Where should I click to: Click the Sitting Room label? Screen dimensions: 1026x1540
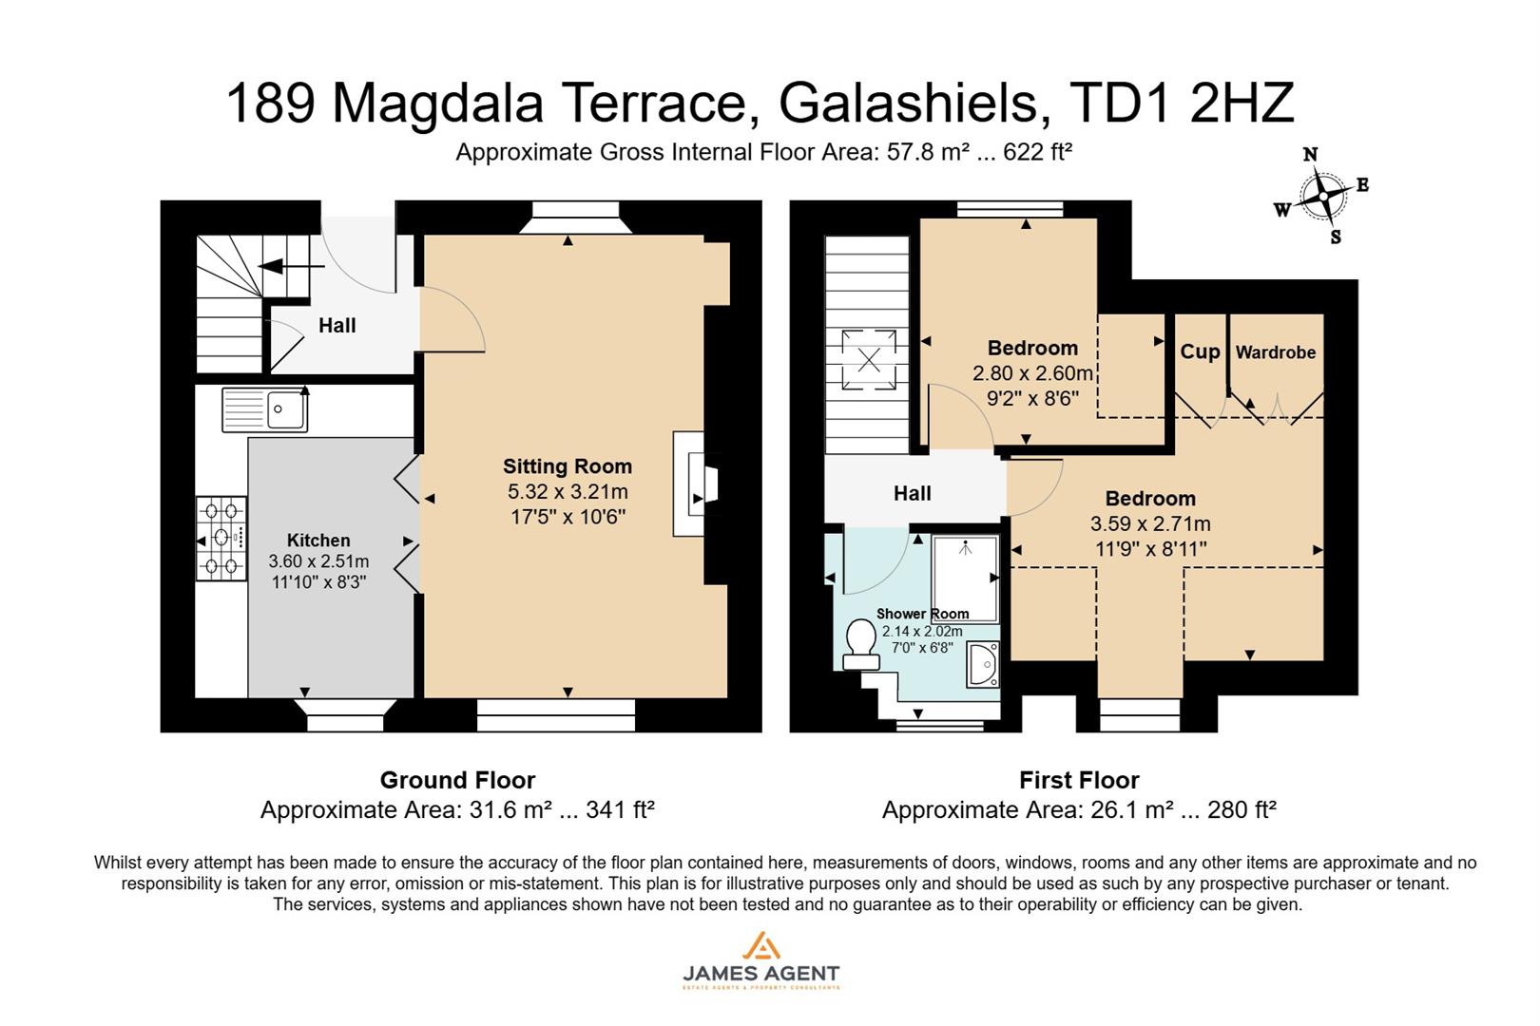(567, 466)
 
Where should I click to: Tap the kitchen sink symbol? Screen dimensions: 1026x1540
(265, 409)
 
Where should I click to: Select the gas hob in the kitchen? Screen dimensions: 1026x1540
(221, 538)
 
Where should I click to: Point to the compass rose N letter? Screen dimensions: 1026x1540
(1310, 155)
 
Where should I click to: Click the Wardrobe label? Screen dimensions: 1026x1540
(1275, 352)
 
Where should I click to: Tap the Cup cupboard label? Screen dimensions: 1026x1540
(1200, 351)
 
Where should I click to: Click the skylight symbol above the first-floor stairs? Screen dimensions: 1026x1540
(869, 359)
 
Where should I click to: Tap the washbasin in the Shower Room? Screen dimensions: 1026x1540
(983, 664)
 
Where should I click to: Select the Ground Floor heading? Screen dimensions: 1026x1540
(457, 780)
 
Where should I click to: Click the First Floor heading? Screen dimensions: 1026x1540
(1079, 780)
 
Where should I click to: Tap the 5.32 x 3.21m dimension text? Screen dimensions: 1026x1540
(568, 492)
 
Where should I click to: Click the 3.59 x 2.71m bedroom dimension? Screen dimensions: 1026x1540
(1150, 523)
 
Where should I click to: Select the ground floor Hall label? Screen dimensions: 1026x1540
(337, 326)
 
